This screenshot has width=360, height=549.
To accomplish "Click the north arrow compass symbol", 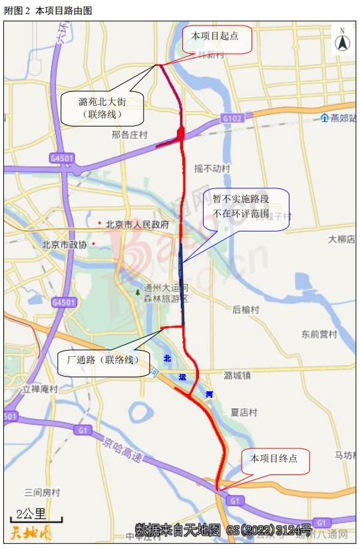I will click(x=342, y=41).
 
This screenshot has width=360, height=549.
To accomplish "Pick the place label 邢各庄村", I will click(x=129, y=135).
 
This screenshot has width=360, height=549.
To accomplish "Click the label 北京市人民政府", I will click(x=136, y=224).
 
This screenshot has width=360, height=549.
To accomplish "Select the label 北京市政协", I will click(x=65, y=244).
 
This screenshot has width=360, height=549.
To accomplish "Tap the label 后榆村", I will click(x=246, y=309).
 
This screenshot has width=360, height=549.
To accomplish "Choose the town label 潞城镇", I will click(x=238, y=375).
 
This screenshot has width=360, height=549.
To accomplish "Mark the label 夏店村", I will click(x=244, y=413).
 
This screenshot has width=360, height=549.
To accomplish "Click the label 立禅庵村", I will click(x=40, y=389).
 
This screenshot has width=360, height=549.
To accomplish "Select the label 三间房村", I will click(x=42, y=492).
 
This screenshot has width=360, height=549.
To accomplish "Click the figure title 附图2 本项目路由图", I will click(x=49, y=10).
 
